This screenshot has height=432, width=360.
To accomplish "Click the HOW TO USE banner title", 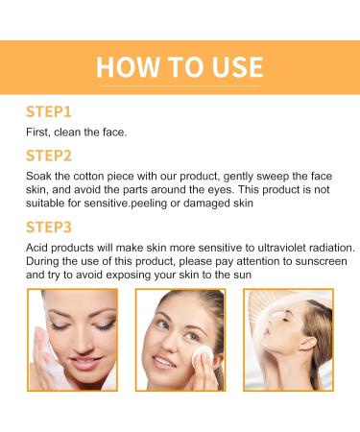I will pos(180,66).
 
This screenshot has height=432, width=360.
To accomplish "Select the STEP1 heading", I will pos(50,112).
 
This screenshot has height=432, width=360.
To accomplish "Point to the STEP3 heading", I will pos(50,228).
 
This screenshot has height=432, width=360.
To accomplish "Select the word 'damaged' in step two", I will pos(206,204).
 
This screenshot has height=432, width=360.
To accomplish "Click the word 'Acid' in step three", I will pos(38,249).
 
